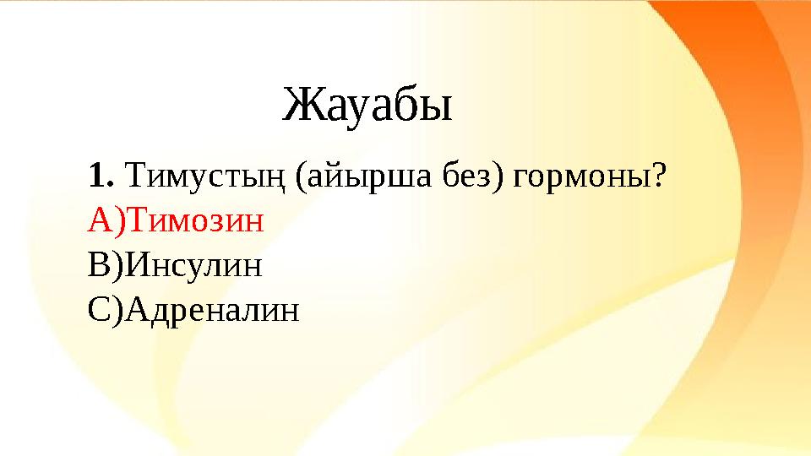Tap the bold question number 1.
[x=99, y=177]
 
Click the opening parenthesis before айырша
[x=301, y=179]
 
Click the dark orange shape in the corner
[x=760, y=51]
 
